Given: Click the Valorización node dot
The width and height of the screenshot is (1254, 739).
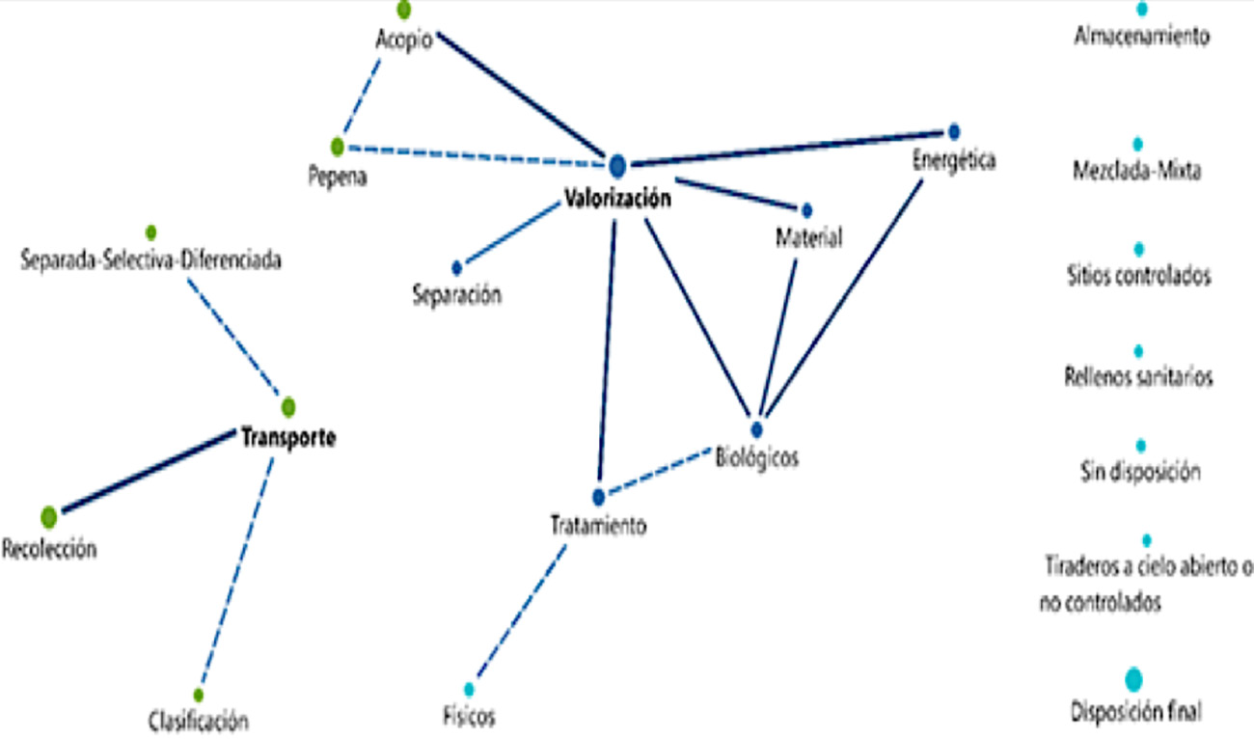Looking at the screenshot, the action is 617,166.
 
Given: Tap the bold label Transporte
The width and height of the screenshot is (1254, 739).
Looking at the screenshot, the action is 288,438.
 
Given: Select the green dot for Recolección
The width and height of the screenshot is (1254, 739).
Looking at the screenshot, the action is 49,517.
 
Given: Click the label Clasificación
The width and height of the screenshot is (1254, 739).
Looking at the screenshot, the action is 199,720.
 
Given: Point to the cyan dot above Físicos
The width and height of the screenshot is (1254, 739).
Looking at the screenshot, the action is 470,689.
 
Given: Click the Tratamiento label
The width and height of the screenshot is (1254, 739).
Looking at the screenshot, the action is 598,527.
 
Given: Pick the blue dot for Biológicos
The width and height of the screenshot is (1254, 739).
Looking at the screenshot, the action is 756,428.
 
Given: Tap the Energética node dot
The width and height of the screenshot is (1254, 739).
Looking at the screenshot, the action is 954,130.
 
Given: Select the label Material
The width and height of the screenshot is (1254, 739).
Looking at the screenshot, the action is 809,237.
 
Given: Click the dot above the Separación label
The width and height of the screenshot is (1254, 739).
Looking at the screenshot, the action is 457,268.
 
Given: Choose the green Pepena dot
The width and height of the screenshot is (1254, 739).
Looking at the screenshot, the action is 337,147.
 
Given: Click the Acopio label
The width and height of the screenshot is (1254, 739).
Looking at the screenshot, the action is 403,43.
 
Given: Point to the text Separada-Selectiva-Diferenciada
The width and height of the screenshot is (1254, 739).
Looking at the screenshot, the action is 151,260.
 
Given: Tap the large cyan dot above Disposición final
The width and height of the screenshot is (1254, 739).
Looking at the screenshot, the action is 1134,679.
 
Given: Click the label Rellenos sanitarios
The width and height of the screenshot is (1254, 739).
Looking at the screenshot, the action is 1138,376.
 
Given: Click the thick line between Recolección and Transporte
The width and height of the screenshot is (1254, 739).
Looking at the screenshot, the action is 150,471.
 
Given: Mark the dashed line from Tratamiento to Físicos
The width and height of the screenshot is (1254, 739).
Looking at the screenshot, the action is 521,614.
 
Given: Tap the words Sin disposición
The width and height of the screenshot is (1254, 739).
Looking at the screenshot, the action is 1140,473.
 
